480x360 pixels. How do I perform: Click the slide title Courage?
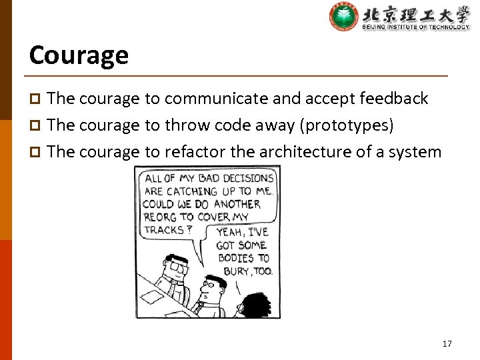click(79, 55)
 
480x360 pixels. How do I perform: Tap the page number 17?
click(447, 344)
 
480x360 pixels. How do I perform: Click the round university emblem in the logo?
click(344, 17)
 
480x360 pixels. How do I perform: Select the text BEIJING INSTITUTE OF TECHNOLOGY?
click(415, 27)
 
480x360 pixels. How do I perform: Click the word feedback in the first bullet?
click(393, 99)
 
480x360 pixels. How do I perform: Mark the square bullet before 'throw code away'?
click(36, 126)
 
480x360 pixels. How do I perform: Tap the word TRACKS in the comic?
click(163, 229)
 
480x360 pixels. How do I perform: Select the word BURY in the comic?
click(236, 271)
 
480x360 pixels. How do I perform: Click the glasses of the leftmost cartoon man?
click(177, 265)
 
